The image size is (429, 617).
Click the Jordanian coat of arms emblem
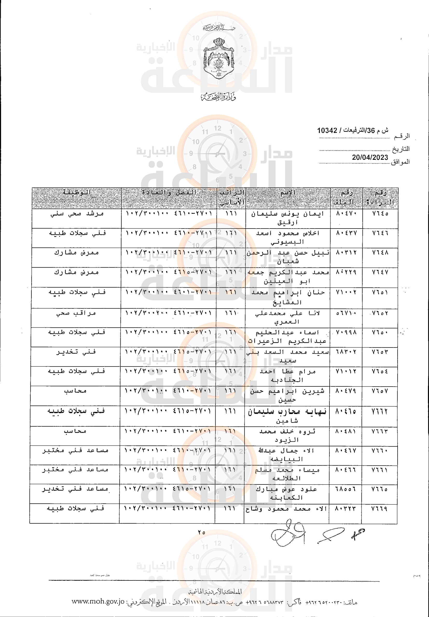pos(219,58)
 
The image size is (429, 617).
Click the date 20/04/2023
pos(370,157)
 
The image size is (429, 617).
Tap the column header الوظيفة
pos(77,193)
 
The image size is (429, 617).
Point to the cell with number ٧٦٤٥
pos(380,214)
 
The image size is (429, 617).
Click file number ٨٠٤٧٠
pos(346,214)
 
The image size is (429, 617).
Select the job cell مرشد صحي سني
pos(77,214)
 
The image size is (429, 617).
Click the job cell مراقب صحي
pos(76,313)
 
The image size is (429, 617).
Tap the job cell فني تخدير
pos(76,352)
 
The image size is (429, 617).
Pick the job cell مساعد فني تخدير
pos(75,489)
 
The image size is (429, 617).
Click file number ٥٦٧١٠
pos(346,313)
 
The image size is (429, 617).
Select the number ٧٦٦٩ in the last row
pos(379,509)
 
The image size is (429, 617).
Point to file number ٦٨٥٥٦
pos(346,489)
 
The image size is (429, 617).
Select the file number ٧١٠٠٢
pos(346,292)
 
